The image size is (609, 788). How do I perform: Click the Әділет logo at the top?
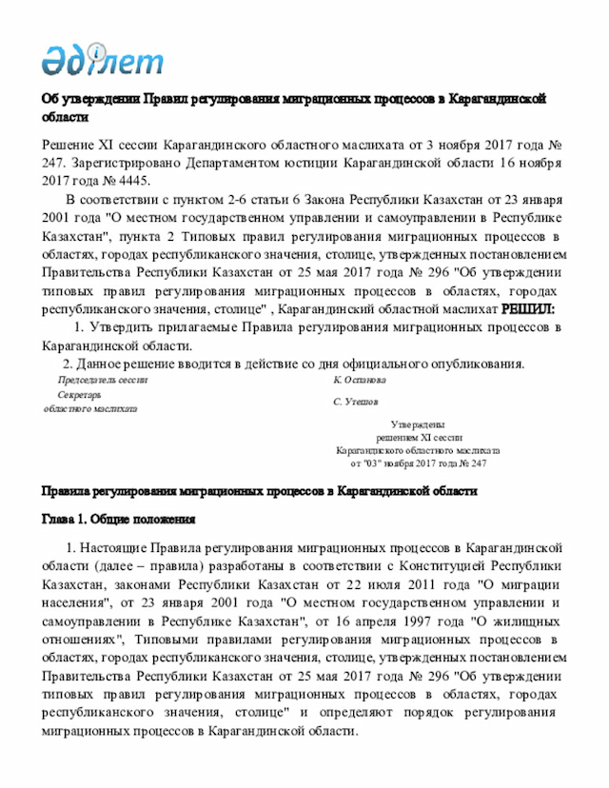(x=102, y=60)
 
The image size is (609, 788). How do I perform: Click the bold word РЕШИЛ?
(x=528, y=309)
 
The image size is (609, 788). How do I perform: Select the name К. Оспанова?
(x=360, y=379)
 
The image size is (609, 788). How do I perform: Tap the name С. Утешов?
(x=356, y=402)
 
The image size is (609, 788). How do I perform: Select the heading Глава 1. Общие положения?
(x=118, y=520)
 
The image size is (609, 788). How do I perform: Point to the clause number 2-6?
(x=242, y=201)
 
